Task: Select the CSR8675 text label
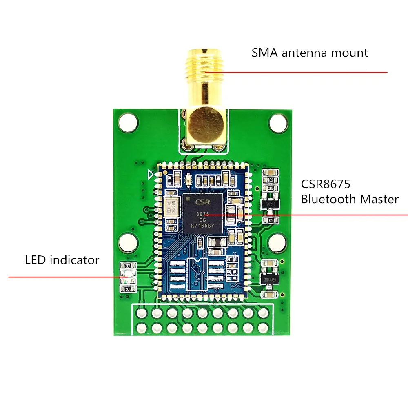(x=326, y=184)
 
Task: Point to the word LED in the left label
(x=35, y=260)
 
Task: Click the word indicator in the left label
(x=74, y=260)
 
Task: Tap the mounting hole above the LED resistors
(x=127, y=243)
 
